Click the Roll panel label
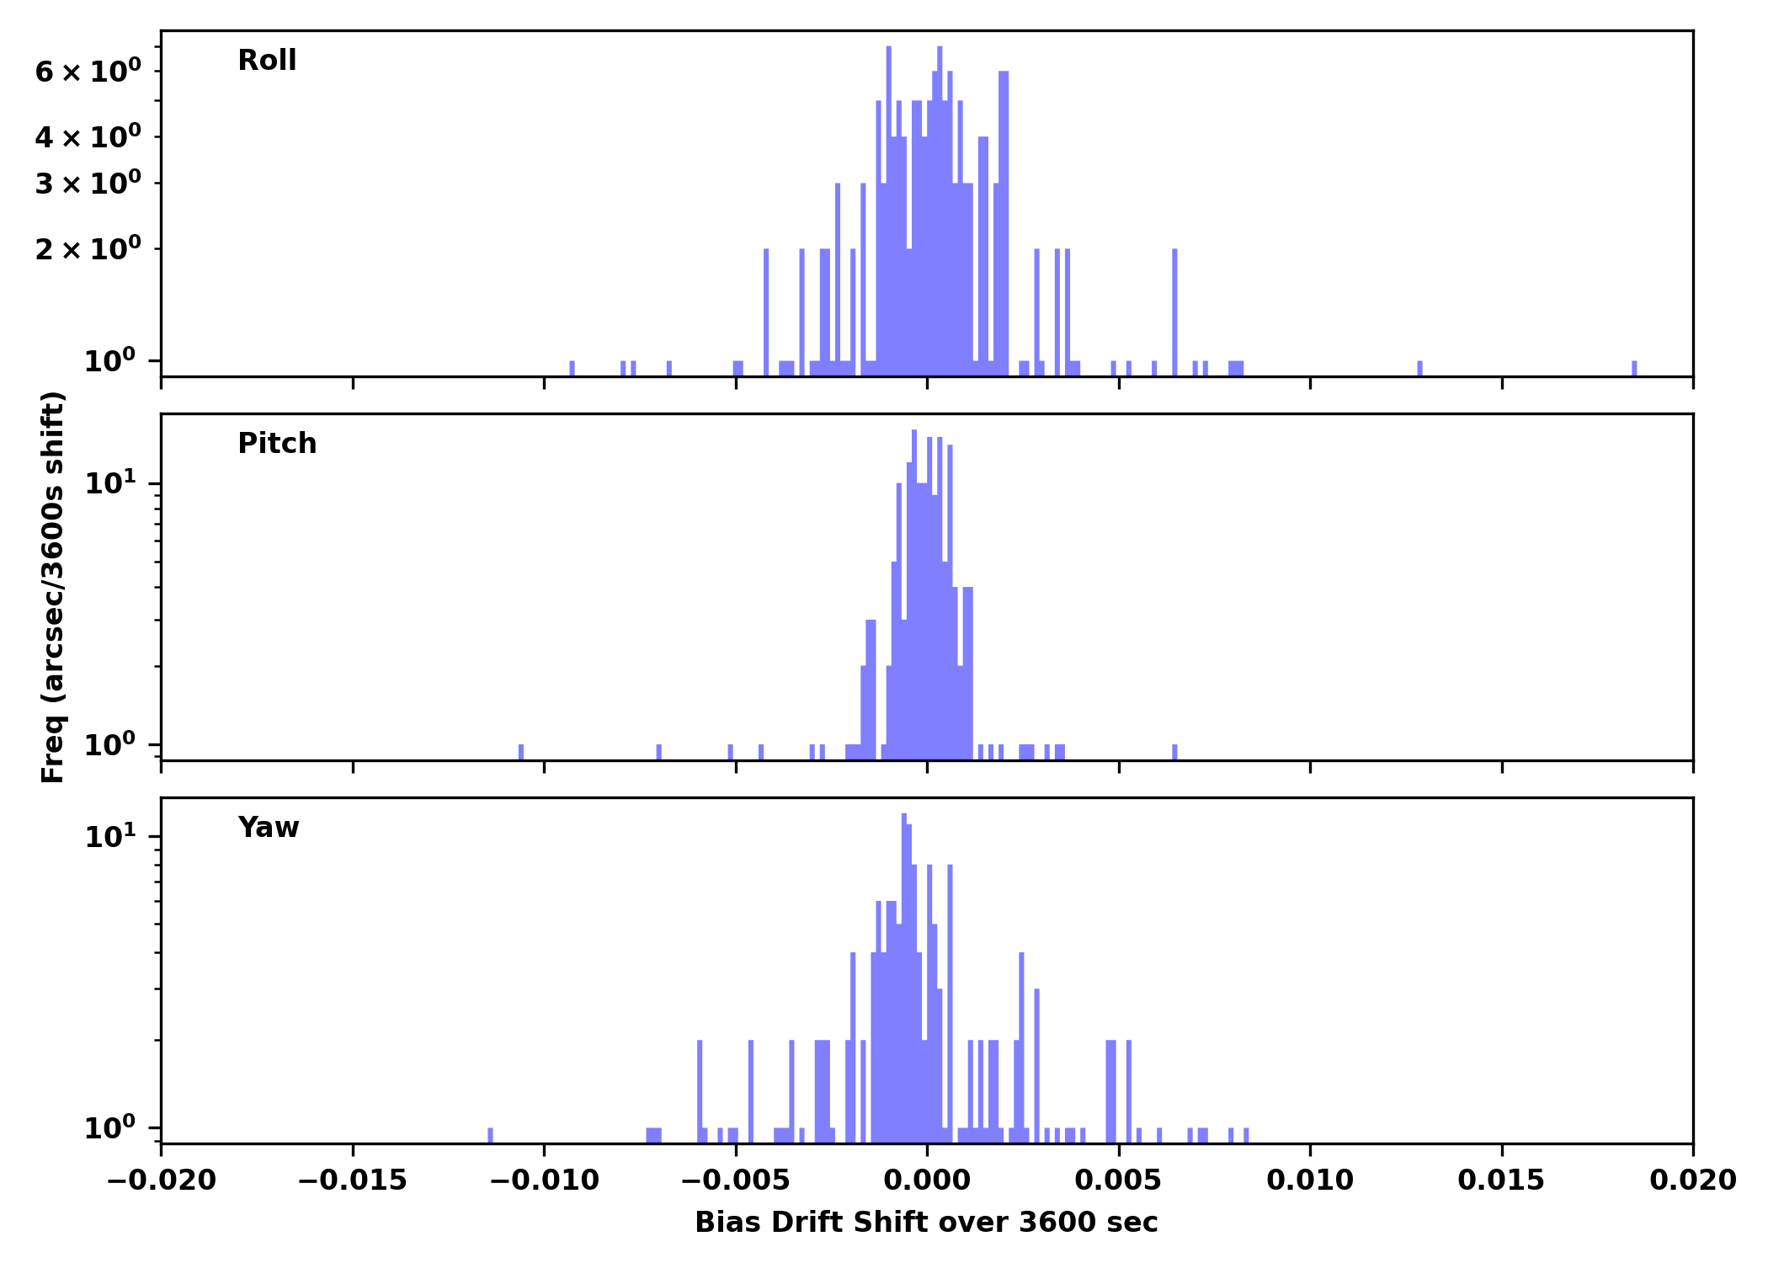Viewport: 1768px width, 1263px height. (x=267, y=61)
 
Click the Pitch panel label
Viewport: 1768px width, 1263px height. (x=277, y=444)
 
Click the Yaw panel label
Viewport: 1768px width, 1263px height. (x=268, y=828)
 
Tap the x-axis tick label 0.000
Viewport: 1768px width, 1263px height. (x=927, y=1180)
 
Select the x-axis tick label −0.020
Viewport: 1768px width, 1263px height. (x=161, y=1180)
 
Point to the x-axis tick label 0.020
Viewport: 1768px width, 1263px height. (x=1692, y=1180)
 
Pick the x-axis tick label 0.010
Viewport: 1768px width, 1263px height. (x=1310, y=1180)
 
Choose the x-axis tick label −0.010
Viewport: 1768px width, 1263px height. (x=544, y=1180)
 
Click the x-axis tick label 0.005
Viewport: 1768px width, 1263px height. (x=1118, y=1180)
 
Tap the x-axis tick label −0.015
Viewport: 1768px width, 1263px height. (x=352, y=1180)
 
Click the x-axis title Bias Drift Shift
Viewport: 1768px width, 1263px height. (x=926, y=1223)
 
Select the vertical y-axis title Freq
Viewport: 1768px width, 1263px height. (x=53, y=587)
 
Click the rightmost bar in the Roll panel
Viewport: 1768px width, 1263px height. (x=1634, y=368)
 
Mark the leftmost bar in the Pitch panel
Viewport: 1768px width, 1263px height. (x=521, y=752)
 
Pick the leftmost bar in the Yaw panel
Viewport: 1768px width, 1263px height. (x=490, y=1135)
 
